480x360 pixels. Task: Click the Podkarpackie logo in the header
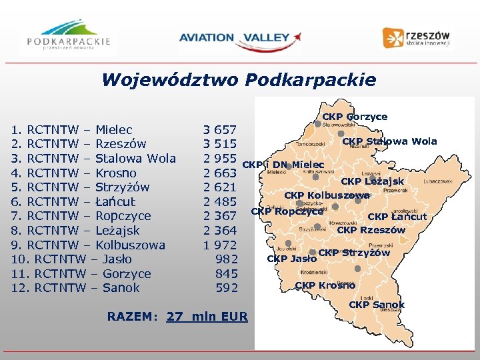tap(69, 37)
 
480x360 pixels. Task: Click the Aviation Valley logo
tap(239, 38)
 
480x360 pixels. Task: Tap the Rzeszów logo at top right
tap(417, 37)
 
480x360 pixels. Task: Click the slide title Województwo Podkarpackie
tap(239, 81)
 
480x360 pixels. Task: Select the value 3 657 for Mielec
tap(220, 129)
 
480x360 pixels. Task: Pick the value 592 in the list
tap(226, 288)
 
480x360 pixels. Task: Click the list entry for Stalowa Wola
tap(94, 159)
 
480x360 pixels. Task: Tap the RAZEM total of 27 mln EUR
tap(177, 317)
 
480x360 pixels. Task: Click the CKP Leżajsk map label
tap(372, 181)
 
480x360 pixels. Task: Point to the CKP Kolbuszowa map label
tap(327, 195)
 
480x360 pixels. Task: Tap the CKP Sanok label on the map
tap(377, 305)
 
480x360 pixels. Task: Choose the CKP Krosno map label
tap(325, 285)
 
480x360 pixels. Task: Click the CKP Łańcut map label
tap(397, 216)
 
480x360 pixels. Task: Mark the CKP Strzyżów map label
tap(354, 253)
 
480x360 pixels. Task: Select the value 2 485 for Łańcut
tap(220, 201)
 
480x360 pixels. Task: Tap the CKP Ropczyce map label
tap(287, 211)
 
